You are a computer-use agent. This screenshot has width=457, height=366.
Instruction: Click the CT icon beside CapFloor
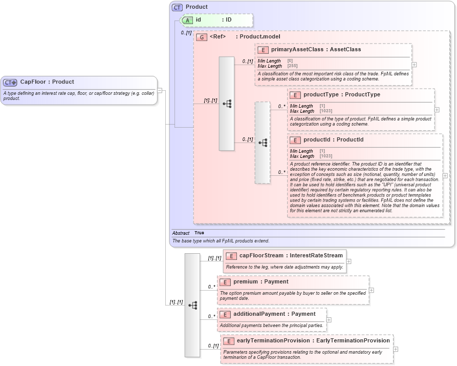click(x=10, y=82)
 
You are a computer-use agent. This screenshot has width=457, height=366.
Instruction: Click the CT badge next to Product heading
click(x=177, y=7)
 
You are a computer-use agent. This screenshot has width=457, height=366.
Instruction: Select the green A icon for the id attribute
click(x=188, y=20)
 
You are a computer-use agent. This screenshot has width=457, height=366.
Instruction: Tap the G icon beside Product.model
click(x=202, y=37)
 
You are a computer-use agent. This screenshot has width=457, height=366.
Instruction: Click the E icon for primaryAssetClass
click(x=263, y=50)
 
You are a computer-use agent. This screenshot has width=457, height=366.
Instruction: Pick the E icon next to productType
click(x=296, y=95)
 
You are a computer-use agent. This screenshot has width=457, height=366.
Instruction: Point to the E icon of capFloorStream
click(x=231, y=256)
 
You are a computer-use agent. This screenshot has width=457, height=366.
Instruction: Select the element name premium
click(x=245, y=281)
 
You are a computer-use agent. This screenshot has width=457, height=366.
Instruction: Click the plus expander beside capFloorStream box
click(x=349, y=261)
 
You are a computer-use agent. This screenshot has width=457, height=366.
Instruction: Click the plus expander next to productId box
click(x=445, y=175)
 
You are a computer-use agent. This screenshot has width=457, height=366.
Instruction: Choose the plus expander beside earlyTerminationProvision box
click(x=396, y=349)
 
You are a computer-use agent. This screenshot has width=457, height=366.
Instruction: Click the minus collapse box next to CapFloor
click(x=160, y=90)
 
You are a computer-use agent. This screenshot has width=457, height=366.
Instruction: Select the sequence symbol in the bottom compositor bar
click(x=192, y=305)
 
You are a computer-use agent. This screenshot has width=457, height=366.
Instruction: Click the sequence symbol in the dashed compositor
click(x=263, y=143)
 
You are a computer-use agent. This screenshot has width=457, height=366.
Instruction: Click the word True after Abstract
click(x=199, y=233)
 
